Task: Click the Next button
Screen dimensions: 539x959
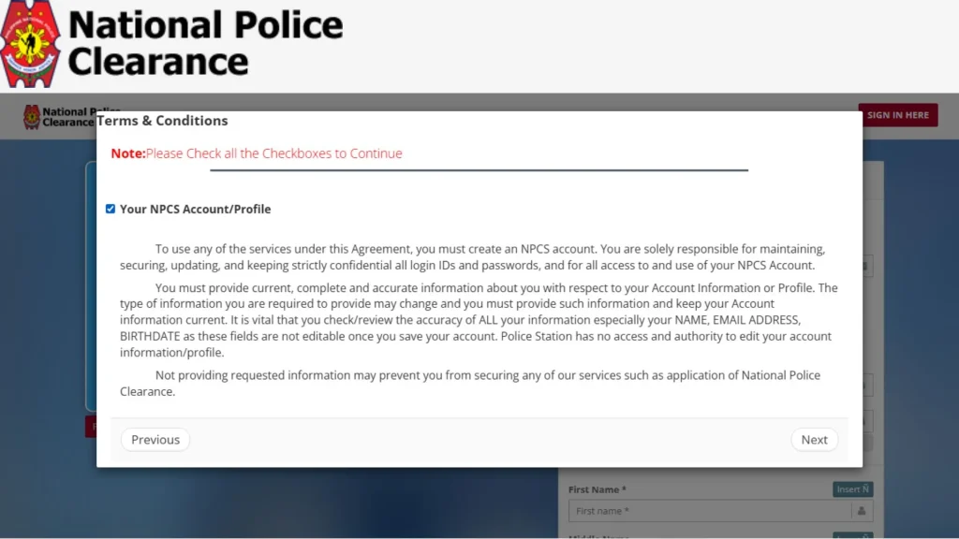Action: pyautogui.click(x=814, y=440)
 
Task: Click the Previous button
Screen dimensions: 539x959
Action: pyautogui.click(x=155, y=440)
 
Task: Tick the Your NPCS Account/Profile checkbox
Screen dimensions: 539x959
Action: pyautogui.click(x=111, y=209)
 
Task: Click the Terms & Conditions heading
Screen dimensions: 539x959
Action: pyautogui.click(x=163, y=121)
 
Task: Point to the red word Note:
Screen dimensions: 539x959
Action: pyautogui.click(x=127, y=153)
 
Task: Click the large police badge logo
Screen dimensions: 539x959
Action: pyautogui.click(x=31, y=44)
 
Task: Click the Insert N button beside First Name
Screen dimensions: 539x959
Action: pyautogui.click(x=852, y=489)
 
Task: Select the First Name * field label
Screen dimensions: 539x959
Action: pyautogui.click(x=597, y=489)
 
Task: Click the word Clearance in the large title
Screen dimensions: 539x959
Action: pyautogui.click(x=157, y=62)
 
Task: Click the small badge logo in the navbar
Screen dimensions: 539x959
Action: pyautogui.click(x=32, y=117)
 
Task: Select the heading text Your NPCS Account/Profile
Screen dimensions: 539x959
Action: pyautogui.click(x=195, y=209)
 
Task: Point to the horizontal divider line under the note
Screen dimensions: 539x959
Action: pyautogui.click(x=479, y=170)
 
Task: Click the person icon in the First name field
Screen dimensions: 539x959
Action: pyautogui.click(x=860, y=511)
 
